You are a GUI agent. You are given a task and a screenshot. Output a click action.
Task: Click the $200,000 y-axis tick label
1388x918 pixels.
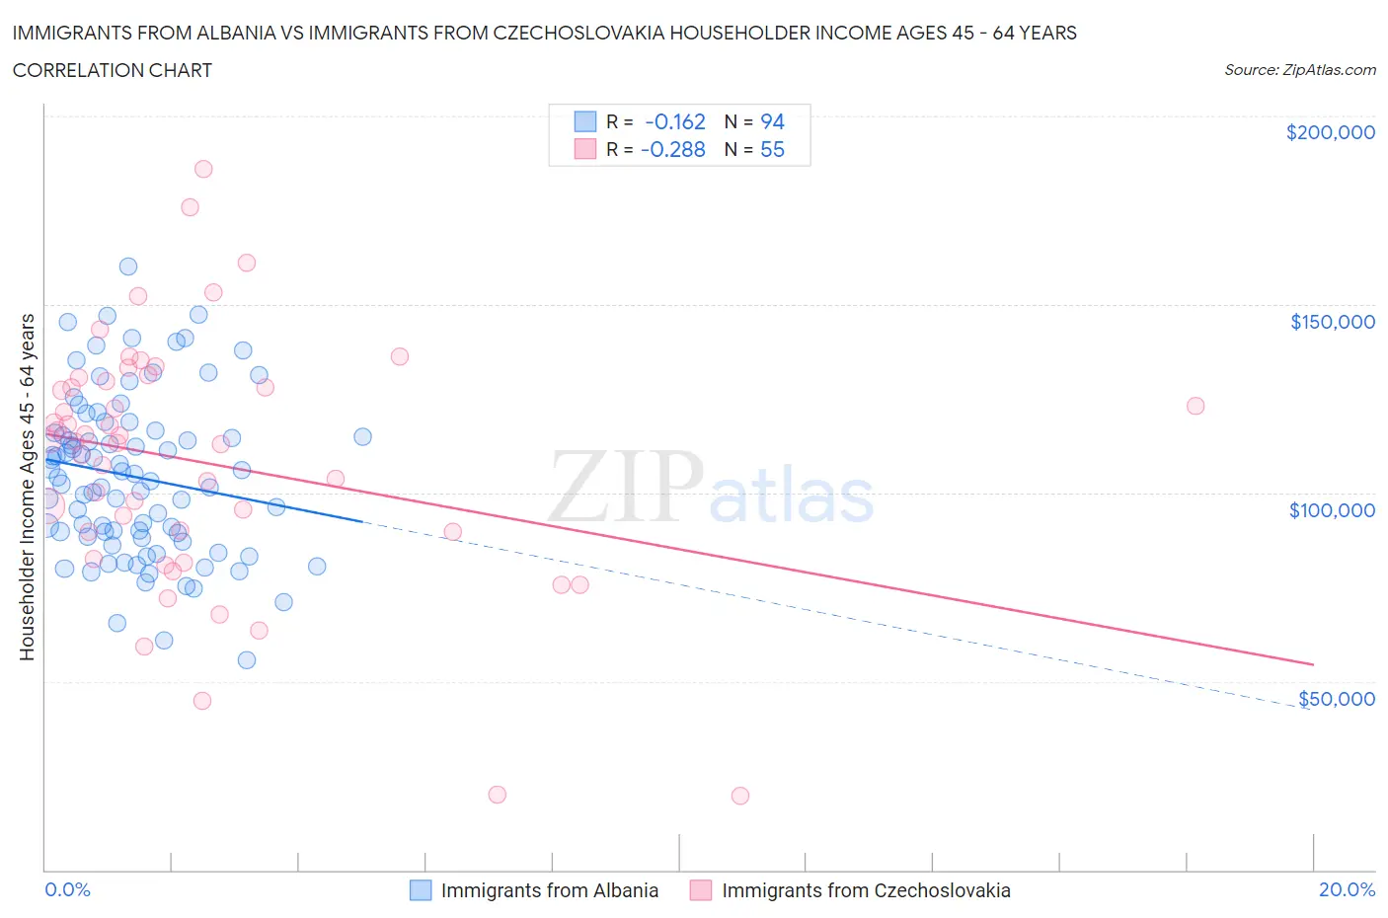click(x=1330, y=132)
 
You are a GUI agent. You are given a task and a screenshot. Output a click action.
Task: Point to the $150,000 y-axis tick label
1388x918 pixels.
click(x=1332, y=322)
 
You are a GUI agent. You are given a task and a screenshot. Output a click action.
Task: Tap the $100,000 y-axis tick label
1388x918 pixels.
click(x=1332, y=510)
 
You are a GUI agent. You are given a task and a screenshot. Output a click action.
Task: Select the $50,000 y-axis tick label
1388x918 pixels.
click(x=1336, y=699)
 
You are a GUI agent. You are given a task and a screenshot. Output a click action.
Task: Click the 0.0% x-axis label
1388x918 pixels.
click(x=67, y=889)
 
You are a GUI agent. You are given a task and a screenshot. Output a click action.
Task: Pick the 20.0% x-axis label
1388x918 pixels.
click(x=1347, y=889)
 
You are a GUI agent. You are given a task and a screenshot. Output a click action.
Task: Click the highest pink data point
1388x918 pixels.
click(x=203, y=169)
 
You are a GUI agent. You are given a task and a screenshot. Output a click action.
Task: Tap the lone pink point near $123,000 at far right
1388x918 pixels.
click(x=1195, y=406)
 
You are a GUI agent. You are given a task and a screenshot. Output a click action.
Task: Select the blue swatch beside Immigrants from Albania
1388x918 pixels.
click(x=421, y=890)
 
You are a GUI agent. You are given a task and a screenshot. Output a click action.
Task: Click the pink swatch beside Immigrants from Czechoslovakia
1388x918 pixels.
click(x=701, y=890)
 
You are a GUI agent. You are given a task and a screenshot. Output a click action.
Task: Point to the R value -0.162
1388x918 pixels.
click(x=675, y=121)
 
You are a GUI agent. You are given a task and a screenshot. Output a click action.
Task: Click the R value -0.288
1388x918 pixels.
click(x=673, y=149)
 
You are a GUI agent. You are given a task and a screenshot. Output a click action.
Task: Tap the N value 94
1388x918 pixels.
click(x=772, y=121)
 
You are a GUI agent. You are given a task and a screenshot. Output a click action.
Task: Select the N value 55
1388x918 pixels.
click(x=772, y=149)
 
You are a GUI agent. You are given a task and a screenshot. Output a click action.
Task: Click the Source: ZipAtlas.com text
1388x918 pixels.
click(x=1299, y=70)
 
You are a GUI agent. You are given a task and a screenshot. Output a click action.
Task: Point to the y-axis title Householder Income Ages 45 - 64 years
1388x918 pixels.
click(x=27, y=487)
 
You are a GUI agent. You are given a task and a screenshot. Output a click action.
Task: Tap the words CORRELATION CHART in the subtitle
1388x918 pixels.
click(x=112, y=70)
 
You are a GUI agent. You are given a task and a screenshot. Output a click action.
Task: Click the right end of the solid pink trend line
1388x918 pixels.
click(x=1313, y=664)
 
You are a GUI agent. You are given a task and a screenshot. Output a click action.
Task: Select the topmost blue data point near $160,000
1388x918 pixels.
click(x=128, y=267)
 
